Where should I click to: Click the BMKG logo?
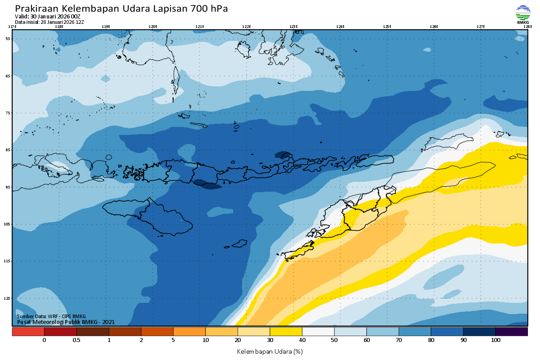pos(522,13)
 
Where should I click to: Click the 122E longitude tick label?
pos(246,27)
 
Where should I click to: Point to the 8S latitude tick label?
pos(8,150)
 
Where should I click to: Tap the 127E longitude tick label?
pos(481,27)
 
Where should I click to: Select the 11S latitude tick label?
pos(8,261)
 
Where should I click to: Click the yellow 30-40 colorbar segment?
pos(286,332)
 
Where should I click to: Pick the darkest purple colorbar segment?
pos(512,332)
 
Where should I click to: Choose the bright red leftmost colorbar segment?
pos(28,332)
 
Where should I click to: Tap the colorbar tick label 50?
pos(334,341)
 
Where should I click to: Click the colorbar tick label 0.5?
pos(76,341)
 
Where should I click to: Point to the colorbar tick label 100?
pos(495,341)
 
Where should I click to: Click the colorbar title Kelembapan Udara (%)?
pos(270,351)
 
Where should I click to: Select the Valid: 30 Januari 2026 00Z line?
pos(48,17)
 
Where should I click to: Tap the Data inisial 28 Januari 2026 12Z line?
pos(49,22)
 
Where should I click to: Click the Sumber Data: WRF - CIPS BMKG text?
pos(51,316)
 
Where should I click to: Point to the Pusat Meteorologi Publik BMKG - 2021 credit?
pos(66,322)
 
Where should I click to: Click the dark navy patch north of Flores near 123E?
pos(283,155)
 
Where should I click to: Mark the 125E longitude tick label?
pos(387,27)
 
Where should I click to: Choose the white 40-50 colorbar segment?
pos(318,332)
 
